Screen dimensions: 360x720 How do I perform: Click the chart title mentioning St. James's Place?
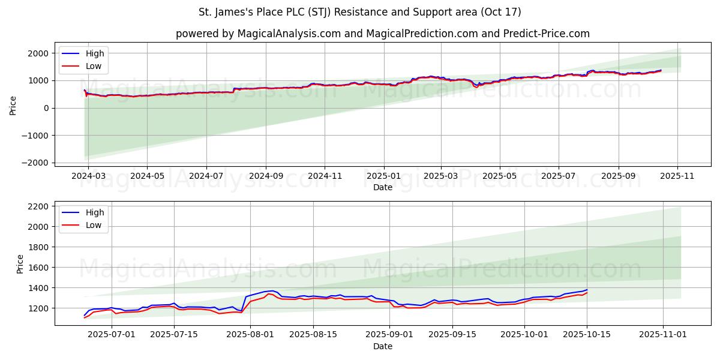tap(359, 12)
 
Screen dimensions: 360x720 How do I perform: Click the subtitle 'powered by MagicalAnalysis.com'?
tap(382, 34)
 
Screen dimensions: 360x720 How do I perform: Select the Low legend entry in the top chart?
tap(94, 66)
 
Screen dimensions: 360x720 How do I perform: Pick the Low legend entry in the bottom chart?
tap(94, 225)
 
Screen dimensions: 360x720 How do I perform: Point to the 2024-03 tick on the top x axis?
tap(88, 176)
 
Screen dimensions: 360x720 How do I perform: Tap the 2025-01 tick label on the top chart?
tap(383, 176)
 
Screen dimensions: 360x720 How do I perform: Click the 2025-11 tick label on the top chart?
tap(677, 176)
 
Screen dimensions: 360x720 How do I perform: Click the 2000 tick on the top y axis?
tap(40, 53)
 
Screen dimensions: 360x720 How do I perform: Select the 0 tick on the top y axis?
tap(46, 108)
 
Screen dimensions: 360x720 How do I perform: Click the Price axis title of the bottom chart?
tap(20, 263)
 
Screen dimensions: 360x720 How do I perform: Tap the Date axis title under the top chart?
tap(382, 187)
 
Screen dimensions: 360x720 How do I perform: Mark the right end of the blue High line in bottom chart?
tap(587, 290)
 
